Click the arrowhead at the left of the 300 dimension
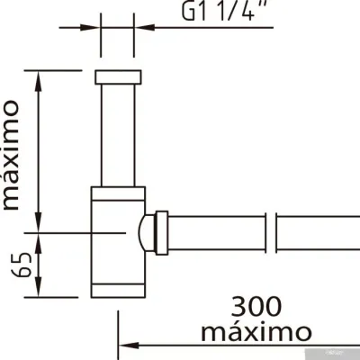coord(127,343)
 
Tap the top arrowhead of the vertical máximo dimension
coord(38,76)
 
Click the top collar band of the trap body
coord(117,192)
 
